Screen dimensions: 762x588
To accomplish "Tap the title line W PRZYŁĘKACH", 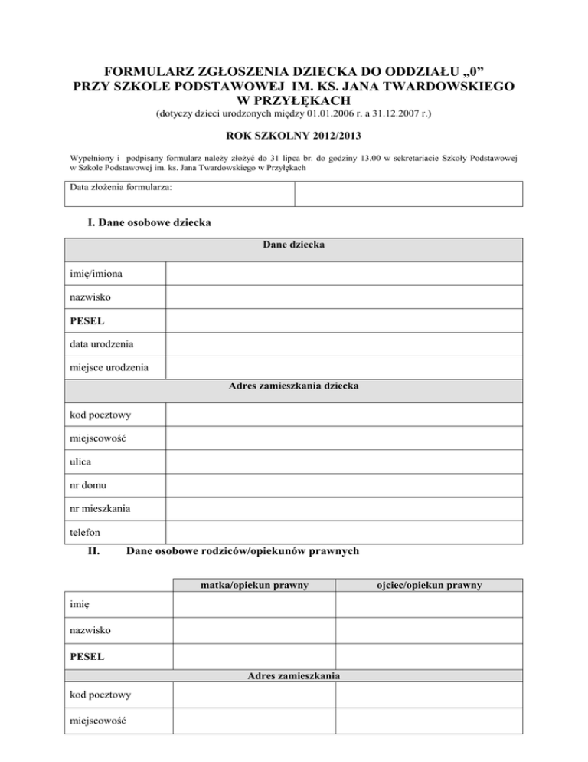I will click(x=294, y=101).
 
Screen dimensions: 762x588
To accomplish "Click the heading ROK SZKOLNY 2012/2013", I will click(x=293, y=140).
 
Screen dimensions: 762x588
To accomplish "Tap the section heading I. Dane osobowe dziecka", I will click(x=150, y=223).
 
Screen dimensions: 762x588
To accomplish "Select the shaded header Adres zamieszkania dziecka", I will click(x=293, y=386).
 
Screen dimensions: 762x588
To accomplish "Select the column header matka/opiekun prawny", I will click(x=253, y=586).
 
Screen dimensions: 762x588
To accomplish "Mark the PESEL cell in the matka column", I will click(x=253, y=657).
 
